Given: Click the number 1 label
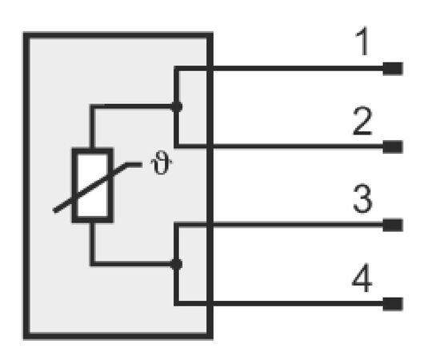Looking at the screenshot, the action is click(x=363, y=42).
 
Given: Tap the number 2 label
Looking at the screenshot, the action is click(x=362, y=122).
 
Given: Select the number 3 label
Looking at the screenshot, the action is click(x=362, y=198).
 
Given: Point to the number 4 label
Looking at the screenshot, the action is click(x=362, y=278).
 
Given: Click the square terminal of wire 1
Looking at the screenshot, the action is click(x=393, y=69).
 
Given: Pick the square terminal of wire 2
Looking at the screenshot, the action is click(x=393, y=146).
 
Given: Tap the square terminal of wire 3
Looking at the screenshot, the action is click(x=393, y=225).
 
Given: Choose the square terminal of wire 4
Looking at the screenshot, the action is click(x=393, y=304).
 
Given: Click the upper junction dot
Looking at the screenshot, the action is click(x=177, y=106).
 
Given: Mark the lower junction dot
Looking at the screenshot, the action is click(x=177, y=264).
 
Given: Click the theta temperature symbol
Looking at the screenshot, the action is click(x=161, y=162).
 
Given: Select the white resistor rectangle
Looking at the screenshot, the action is click(x=93, y=185).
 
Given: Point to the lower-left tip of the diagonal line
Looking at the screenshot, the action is click(x=54, y=210).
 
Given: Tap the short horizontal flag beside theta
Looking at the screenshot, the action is click(x=134, y=165).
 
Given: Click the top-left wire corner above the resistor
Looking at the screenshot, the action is click(x=92, y=106).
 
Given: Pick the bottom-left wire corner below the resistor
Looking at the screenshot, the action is click(x=92, y=264).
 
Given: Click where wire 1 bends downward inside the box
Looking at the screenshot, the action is click(x=177, y=69).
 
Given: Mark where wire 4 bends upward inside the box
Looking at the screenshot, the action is click(x=177, y=303).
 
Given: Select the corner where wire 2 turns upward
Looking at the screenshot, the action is click(x=177, y=146).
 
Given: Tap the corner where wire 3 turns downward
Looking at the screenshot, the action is click(x=177, y=225).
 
